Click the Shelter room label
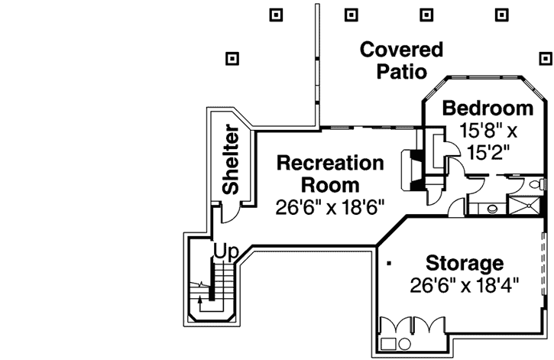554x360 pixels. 230,160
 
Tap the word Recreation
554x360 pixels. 329,163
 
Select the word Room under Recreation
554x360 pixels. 329,185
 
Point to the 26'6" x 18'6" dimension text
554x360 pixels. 329,206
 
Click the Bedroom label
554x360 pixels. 488,108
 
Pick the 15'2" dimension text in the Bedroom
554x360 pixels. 487,151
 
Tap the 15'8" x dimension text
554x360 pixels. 487,130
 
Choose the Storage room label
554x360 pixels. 465,264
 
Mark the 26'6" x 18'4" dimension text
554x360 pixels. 465,285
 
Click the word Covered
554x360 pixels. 401,50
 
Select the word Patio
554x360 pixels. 401,72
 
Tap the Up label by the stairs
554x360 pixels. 224,251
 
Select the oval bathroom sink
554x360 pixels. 491,206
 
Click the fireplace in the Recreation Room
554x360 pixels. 413,169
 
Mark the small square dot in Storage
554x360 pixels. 390,264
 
